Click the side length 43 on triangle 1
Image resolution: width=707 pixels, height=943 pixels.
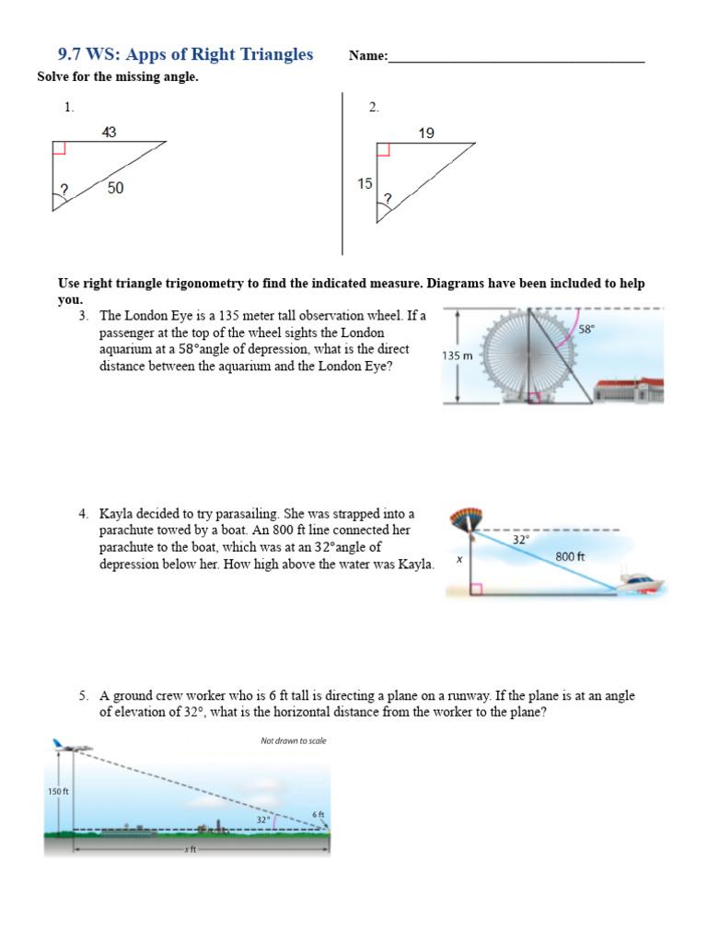click(x=110, y=133)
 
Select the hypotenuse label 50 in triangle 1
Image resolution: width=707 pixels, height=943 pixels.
click(x=115, y=188)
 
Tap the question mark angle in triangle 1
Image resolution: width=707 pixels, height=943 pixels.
click(x=64, y=191)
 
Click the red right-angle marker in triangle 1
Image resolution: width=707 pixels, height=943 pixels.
click(x=59, y=148)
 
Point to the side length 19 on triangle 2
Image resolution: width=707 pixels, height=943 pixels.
click(x=426, y=134)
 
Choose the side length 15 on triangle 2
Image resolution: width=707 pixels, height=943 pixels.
click(x=365, y=183)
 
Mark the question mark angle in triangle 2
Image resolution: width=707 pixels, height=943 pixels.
click(x=388, y=198)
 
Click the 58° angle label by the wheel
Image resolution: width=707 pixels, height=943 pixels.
click(x=586, y=329)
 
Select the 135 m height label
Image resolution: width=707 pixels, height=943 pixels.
click(x=458, y=355)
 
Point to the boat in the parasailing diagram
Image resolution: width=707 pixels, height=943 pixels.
click(x=641, y=581)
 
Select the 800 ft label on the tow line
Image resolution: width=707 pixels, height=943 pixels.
click(x=570, y=556)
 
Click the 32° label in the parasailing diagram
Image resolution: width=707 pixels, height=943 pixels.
click(x=520, y=541)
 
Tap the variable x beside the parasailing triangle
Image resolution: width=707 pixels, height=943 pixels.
click(x=458, y=559)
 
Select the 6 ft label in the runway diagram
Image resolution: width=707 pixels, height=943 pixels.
click(x=319, y=814)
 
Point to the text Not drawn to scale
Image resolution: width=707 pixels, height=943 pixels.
click(x=293, y=740)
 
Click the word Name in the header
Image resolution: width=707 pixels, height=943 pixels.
click(x=367, y=56)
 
